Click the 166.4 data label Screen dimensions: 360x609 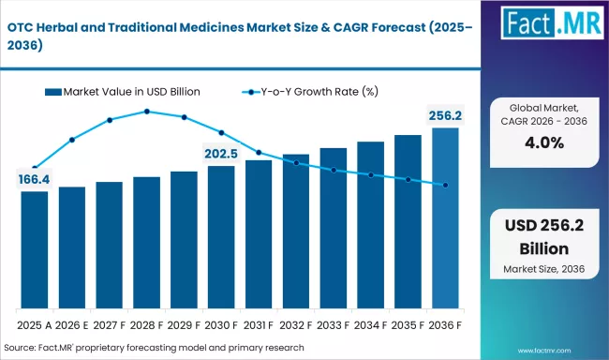coord(34,179)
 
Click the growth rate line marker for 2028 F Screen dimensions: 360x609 coord(147,112)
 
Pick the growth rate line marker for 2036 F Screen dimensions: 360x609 coord(445,186)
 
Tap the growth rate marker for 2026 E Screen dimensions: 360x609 coord(72,140)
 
